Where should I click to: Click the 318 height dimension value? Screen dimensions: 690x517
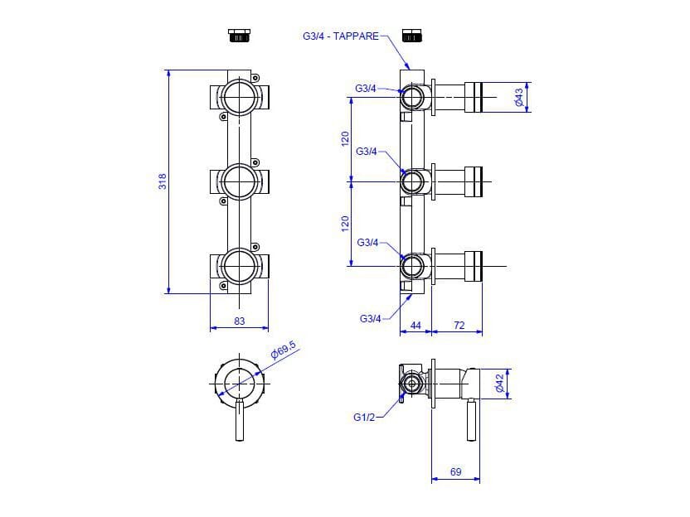163,181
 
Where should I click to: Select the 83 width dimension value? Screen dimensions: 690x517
239,321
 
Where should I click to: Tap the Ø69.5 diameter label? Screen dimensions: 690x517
284,350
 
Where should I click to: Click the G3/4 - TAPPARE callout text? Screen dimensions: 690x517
341,36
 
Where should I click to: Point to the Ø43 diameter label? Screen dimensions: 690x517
519,97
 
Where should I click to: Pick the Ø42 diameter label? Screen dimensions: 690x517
499,383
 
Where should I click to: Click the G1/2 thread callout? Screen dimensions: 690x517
364,418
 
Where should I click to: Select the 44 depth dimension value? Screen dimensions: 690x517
415,326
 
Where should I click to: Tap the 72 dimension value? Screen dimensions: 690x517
459,326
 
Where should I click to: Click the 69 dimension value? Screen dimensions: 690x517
456,471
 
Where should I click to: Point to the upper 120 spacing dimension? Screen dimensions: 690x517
345,139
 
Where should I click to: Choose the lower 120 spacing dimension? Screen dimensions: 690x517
345,224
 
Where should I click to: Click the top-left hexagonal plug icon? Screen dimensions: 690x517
240,36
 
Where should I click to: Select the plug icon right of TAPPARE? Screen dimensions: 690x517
412,36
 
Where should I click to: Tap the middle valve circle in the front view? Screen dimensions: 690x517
239,181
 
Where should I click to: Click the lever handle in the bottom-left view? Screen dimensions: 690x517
240,421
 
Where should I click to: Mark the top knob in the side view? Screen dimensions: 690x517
474,97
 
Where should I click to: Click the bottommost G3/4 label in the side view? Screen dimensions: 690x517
371,319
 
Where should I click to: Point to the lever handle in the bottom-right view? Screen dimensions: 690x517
471,420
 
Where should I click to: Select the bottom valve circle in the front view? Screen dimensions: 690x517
239,267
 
